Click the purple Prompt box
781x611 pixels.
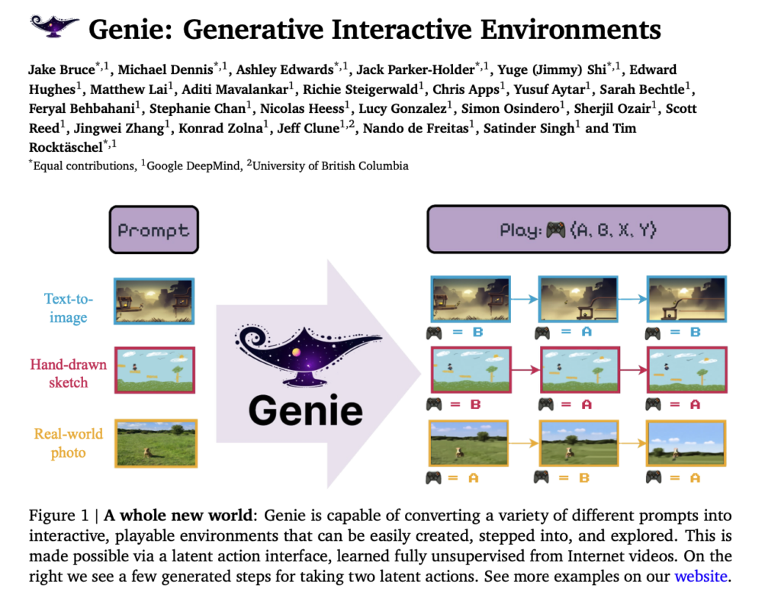[154, 230]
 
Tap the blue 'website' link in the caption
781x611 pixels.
[701, 576]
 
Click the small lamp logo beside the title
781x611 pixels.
[54, 26]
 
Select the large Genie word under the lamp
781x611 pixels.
[306, 410]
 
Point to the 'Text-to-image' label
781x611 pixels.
[68, 307]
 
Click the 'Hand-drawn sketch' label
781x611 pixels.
[68, 374]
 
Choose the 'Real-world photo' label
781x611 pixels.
[68, 443]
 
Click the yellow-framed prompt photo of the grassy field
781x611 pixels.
[156, 443]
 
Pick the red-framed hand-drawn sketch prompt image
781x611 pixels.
[155, 371]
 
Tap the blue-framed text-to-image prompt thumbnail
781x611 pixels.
[154, 301]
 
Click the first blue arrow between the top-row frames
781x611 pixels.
[525, 299]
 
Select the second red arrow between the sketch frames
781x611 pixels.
[634, 369]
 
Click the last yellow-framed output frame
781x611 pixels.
[686, 443]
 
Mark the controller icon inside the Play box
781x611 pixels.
[555, 230]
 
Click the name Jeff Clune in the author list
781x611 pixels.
[309, 128]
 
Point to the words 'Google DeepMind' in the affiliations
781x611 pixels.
[193, 166]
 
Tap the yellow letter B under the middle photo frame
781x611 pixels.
[584, 478]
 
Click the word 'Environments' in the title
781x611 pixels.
[570, 30]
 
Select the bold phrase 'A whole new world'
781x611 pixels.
[178, 515]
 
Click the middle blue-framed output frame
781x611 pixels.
[578, 299]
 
